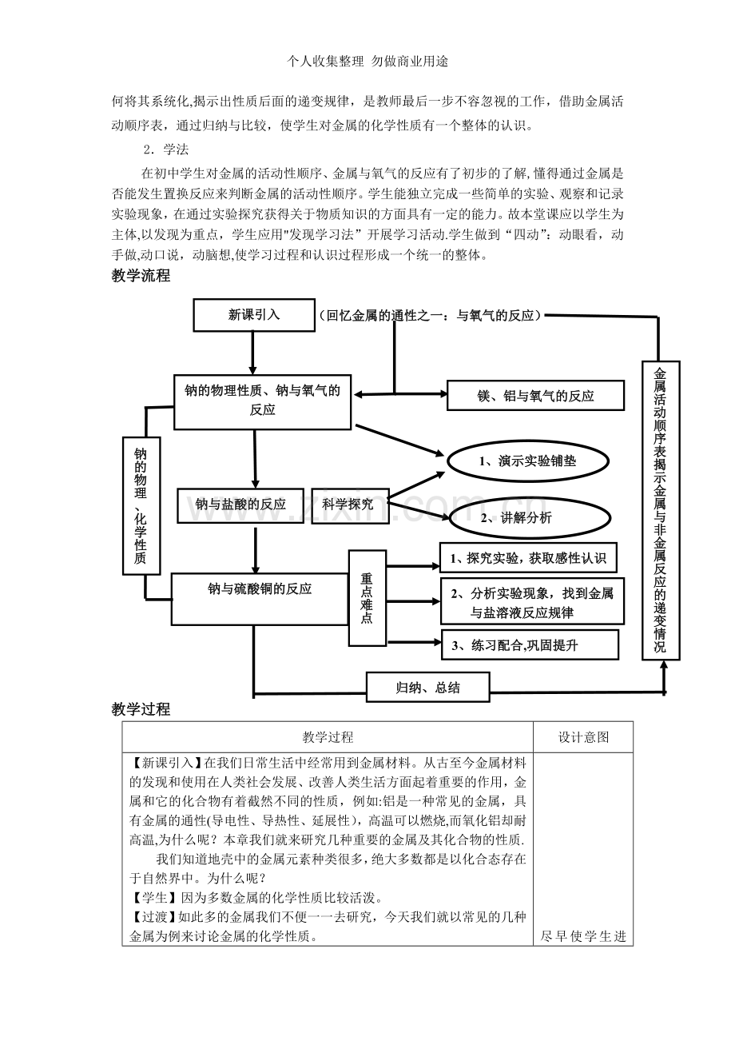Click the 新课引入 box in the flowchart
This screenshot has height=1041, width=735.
tap(254, 315)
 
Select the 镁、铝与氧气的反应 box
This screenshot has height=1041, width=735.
tap(535, 396)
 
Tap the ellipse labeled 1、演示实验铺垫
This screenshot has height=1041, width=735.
tap(528, 461)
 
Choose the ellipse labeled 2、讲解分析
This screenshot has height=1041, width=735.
tap(530, 517)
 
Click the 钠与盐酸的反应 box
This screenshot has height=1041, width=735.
tap(240, 505)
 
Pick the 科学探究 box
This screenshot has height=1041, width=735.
tap(350, 505)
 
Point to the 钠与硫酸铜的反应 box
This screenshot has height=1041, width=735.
tap(260, 599)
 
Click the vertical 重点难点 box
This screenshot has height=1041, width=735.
tap(367, 598)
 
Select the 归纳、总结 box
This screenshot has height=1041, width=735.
tap(427, 687)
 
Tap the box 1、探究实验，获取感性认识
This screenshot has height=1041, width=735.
tap(528, 558)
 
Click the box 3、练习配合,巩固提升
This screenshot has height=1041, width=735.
tap(530, 644)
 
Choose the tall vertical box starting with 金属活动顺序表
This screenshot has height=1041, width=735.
tap(661, 510)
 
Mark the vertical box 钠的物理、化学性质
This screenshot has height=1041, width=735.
tap(141, 505)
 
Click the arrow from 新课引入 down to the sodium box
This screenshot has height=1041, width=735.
tap(252, 353)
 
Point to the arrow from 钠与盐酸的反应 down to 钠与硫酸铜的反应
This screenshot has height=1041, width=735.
tap(255, 548)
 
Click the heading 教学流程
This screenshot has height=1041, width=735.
tap(141, 276)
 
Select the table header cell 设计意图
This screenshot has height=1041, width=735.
tap(583, 737)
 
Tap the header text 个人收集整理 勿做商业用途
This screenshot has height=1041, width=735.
tap(367, 62)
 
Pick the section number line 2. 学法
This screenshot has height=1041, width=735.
tap(165, 150)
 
